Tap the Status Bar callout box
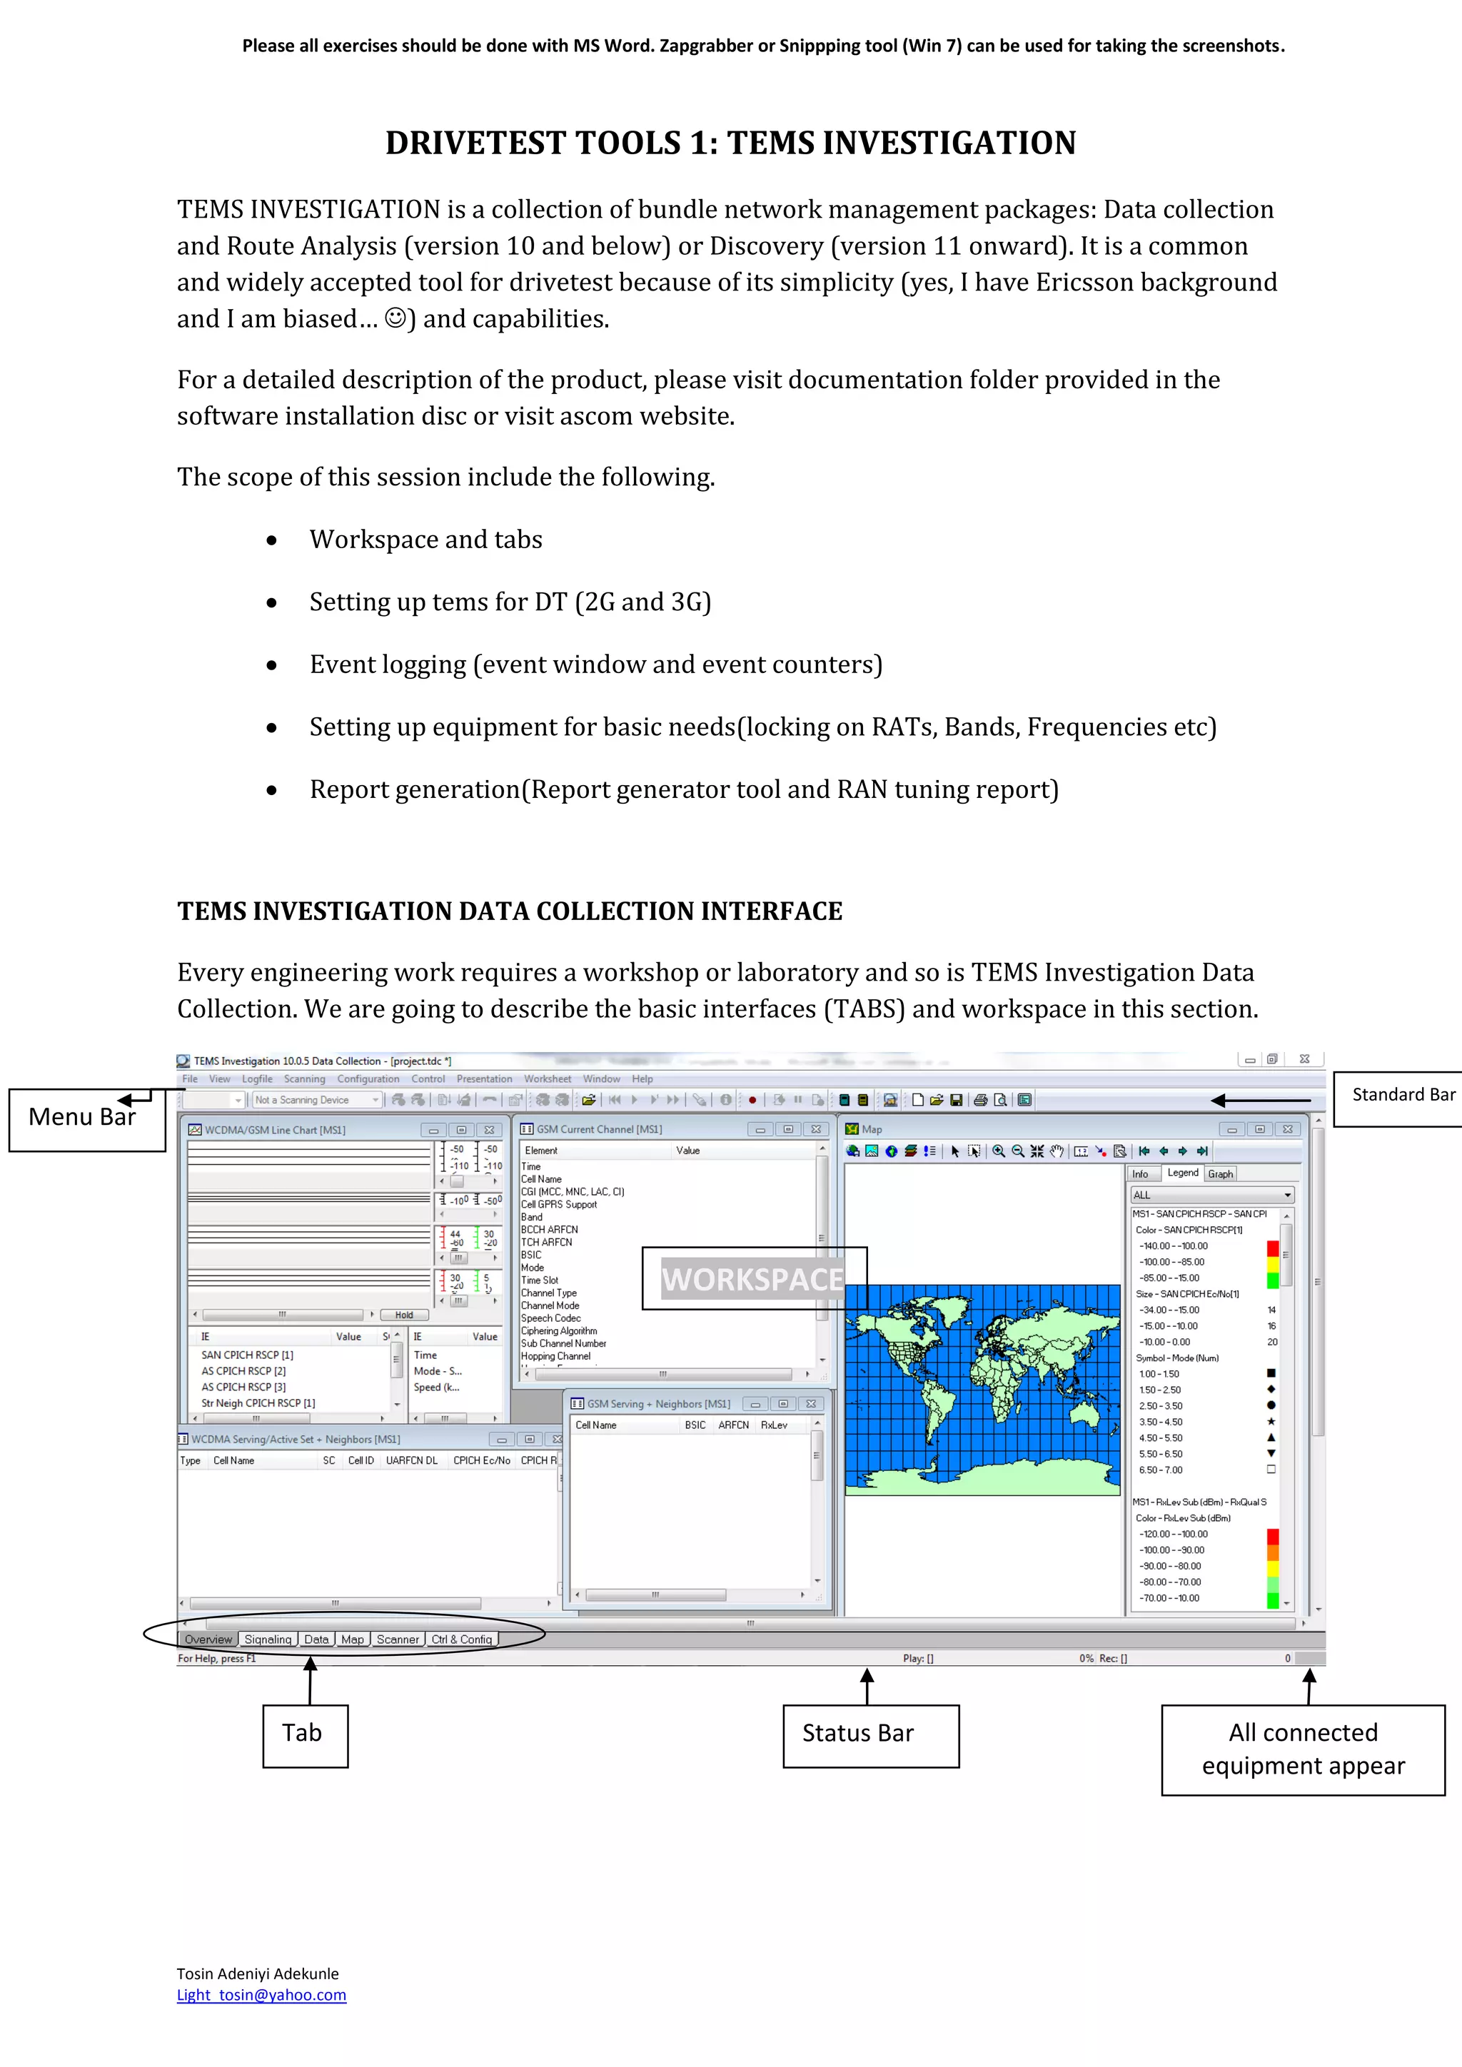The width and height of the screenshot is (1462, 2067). [x=869, y=1735]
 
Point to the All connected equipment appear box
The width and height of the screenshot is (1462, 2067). [x=1302, y=1749]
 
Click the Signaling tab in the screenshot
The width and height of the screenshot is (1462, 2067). [x=268, y=1639]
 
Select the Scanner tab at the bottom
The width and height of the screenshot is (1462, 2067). [x=397, y=1639]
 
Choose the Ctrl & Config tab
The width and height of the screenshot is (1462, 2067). [x=461, y=1639]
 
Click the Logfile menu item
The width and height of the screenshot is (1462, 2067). [x=256, y=1078]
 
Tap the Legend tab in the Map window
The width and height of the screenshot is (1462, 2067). [x=1182, y=1173]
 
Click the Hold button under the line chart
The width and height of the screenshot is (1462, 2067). [x=403, y=1315]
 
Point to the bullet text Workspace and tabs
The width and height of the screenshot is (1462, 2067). [x=425, y=540]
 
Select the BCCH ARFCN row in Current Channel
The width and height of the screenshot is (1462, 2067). [x=549, y=1230]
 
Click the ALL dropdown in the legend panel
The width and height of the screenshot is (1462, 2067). [x=1211, y=1196]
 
